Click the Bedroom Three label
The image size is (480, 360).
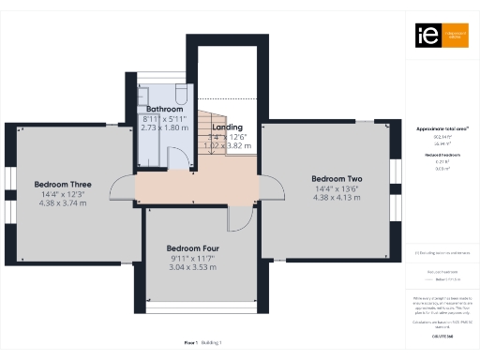tap(63, 184)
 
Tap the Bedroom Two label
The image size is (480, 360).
tap(337, 179)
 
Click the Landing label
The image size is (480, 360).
tap(228, 127)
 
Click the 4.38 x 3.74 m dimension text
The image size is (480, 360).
tap(63, 202)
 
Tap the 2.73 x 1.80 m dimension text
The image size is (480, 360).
tap(165, 127)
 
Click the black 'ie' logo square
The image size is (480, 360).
tap(423, 35)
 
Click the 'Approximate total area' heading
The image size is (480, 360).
tap(442, 127)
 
